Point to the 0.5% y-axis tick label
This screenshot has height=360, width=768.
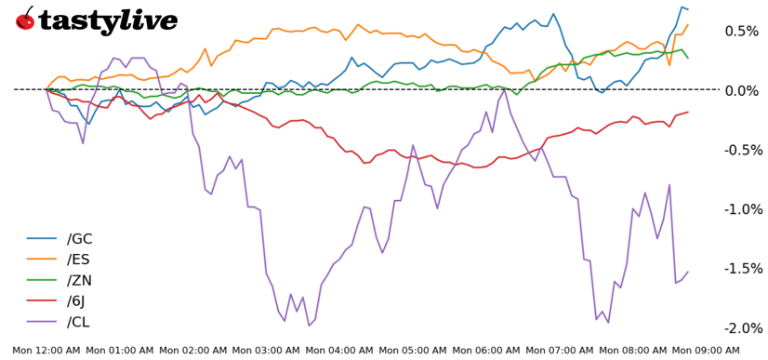pos(744,31)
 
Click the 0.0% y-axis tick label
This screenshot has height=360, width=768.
pos(744,90)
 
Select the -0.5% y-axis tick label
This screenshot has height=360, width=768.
pos(742,150)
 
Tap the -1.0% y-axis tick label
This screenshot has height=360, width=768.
pos(742,209)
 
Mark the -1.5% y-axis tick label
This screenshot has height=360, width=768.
pos(742,269)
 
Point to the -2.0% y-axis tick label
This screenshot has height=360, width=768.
pos(742,328)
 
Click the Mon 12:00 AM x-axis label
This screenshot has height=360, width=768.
pos(46,350)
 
